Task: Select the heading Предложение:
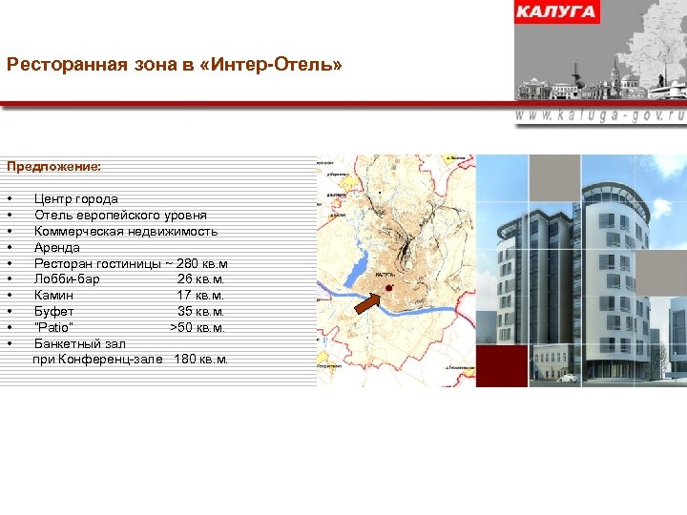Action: click(53, 166)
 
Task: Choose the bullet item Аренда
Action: click(57, 248)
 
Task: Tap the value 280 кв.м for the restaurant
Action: click(202, 263)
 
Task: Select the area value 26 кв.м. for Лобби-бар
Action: click(201, 279)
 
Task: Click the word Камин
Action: click(54, 296)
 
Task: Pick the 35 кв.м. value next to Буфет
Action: click(201, 312)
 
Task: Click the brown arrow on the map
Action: click(368, 303)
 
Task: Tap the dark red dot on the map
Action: click(388, 285)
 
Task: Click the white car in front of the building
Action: click(569, 378)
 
